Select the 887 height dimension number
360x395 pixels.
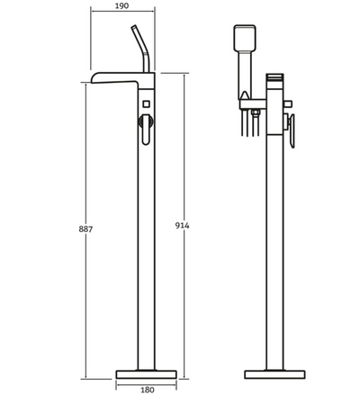[x=75, y=229]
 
